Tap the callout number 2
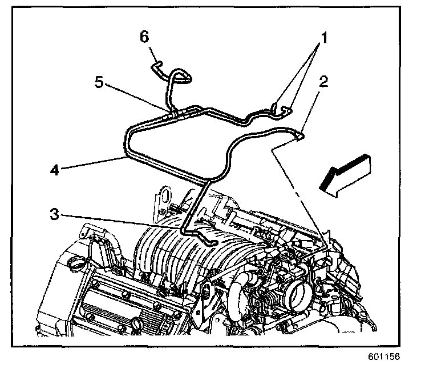(322, 82)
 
